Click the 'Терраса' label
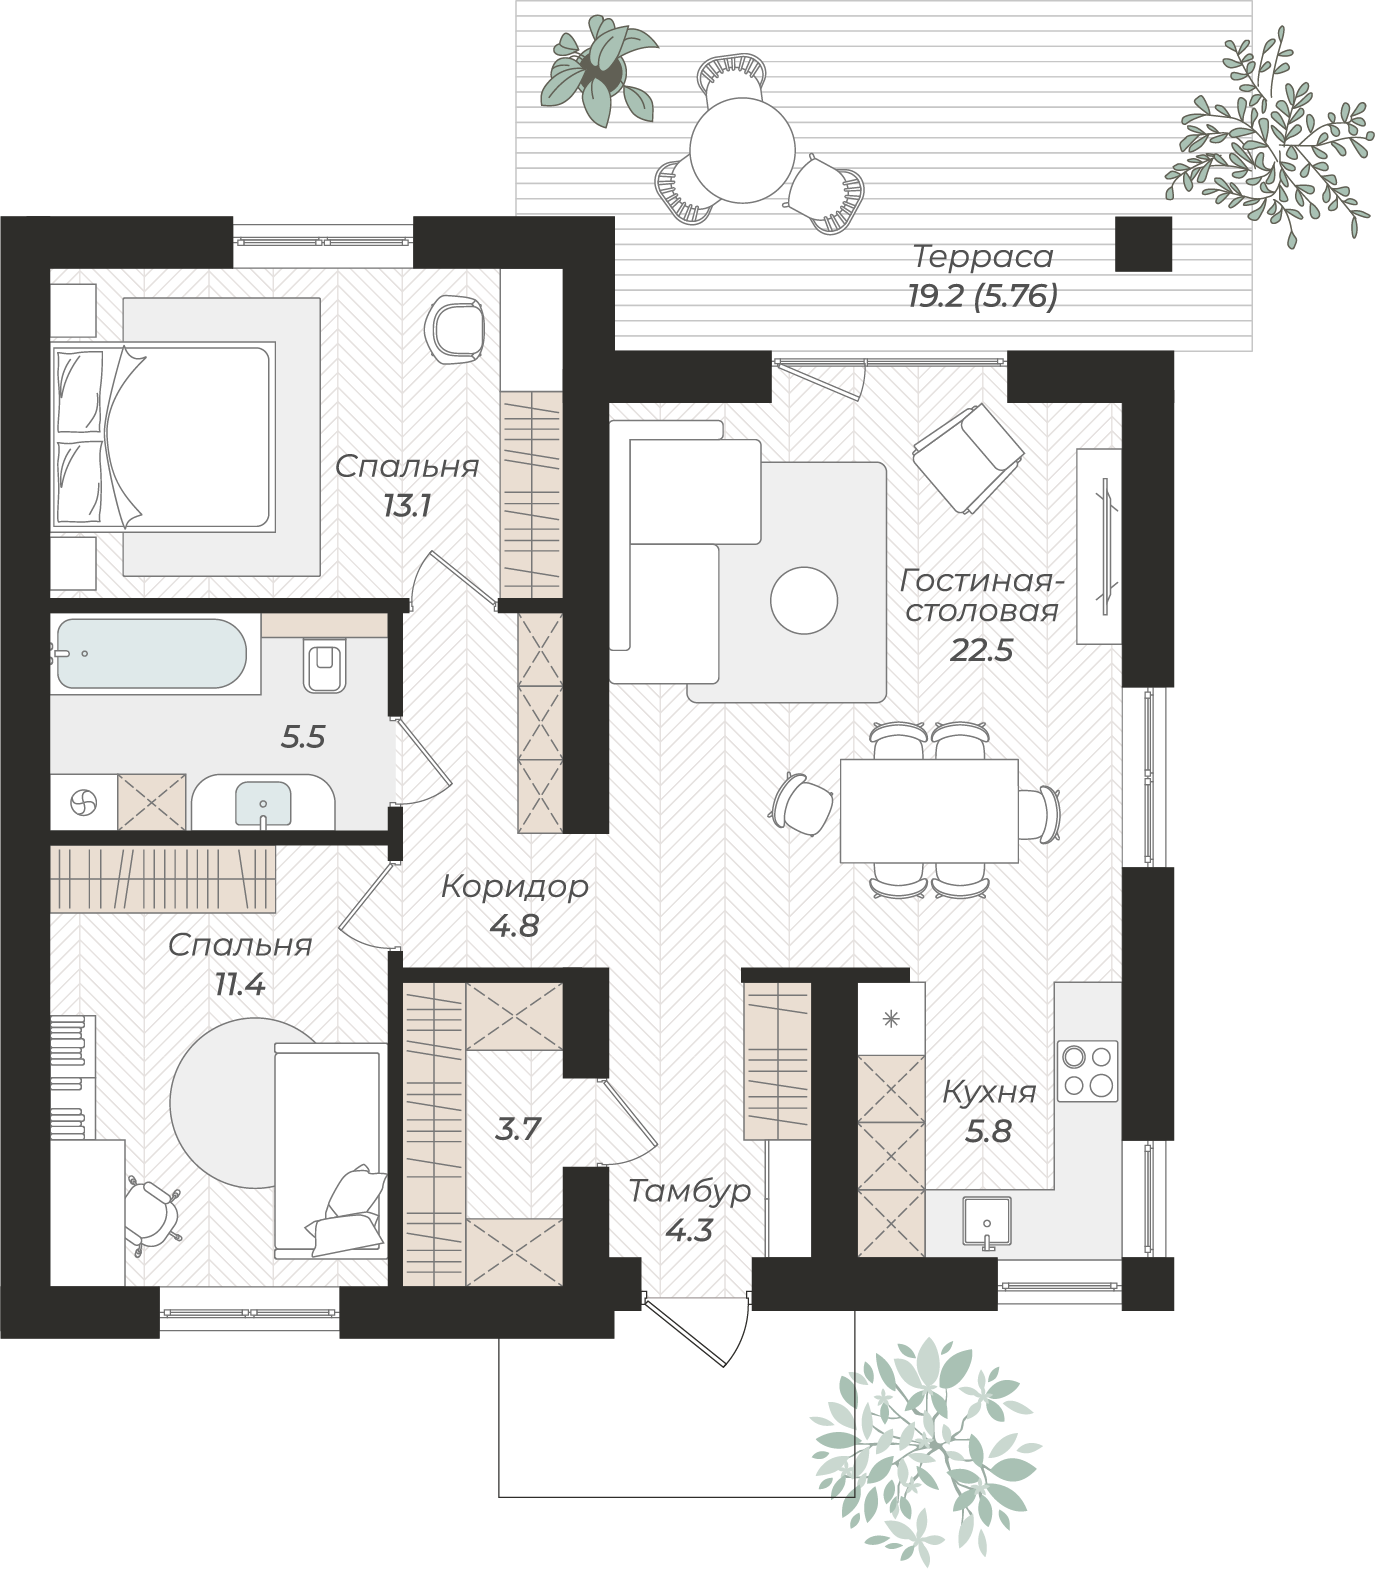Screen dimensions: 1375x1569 pyautogui.click(x=983, y=257)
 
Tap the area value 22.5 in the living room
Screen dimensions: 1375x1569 pyautogui.click(x=981, y=651)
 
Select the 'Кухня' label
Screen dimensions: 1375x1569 pyautogui.click(x=989, y=1093)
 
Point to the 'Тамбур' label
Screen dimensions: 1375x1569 pyautogui.click(x=690, y=1192)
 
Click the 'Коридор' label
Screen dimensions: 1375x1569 pyautogui.click(x=515, y=887)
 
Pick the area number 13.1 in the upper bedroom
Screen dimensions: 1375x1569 pyautogui.click(x=407, y=506)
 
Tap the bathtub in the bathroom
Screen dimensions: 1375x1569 pyautogui.click(x=149, y=653)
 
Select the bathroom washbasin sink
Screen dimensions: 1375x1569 pyautogui.click(x=263, y=803)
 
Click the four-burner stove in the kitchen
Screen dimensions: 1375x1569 pyautogui.click(x=1089, y=1070)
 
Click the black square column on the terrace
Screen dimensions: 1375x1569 pyautogui.click(x=1143, y=244)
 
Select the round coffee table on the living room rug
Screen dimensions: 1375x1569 pyautogui.click(x=804, y=600)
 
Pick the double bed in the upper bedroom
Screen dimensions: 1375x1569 pyautogui.click(x=163, y=436)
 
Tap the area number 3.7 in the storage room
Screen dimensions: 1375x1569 pyautogui.click(x=519, y=1129)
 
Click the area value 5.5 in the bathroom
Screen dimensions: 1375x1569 pyautogui.click(x=303, y=738)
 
